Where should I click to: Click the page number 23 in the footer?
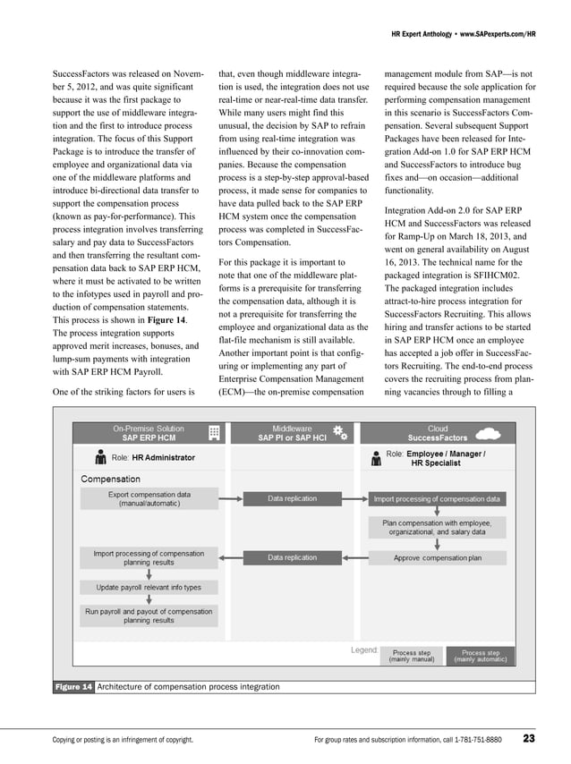(x=529, y=739)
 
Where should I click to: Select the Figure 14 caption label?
(x=74, y=686)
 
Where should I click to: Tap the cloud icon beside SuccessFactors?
(x=487, y=433)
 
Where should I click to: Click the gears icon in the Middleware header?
(x=340, y=433)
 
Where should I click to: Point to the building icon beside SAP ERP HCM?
(x=214, y=433)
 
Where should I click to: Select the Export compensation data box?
(x=149, y=498)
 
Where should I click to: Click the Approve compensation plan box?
(x=437, y=557)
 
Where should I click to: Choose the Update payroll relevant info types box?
(x=149, y=588)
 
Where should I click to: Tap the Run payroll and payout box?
(x=149, y=615)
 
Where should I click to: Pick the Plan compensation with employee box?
(x=437, y=527)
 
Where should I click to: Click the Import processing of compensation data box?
(x=437, y=498)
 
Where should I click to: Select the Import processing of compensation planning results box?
(x=149, y=557)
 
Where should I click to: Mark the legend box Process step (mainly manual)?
(x=412, y=656)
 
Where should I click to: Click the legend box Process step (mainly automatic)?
(x=481, y=656)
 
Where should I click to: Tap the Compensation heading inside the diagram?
(x=110, y=480)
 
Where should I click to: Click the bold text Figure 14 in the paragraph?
(x=166, y=319)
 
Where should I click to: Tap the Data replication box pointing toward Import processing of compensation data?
(x=292, y=498)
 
